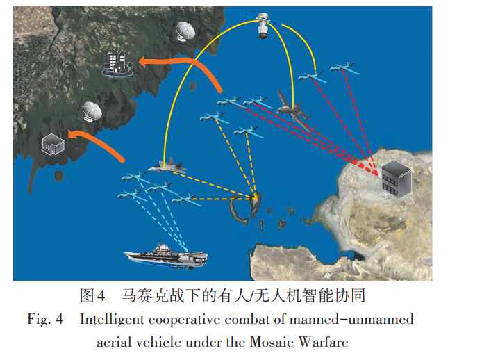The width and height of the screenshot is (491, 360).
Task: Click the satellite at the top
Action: tap(264, 24)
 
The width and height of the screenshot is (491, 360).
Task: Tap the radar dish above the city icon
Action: tap(185, 32)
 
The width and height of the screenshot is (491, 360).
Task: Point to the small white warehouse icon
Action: tap(53, 145)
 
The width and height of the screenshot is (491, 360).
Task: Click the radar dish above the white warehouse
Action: tap(92, 111)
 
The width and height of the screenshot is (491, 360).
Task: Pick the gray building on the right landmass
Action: tap(396, 177)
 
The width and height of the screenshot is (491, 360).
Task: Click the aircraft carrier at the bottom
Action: tap(165, 255)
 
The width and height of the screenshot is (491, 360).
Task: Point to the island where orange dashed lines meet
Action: tap(253, 203)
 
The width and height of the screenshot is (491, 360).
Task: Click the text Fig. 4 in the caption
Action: tap(46, 320)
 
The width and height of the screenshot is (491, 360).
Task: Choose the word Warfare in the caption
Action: tap(324, 342)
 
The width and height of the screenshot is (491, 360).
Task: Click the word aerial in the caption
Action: tap(114, 342)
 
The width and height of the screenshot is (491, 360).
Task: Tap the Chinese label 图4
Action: tap(92, 295)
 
